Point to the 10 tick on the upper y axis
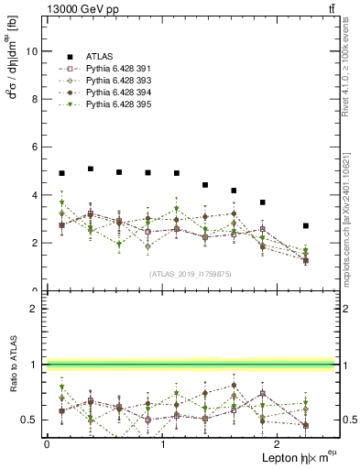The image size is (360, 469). [x=32, y=51]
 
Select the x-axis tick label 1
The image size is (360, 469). [x=162, y=443]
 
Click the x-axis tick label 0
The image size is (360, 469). [x=47, y=443]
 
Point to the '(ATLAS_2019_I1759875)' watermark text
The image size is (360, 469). [x=190, y=274]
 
